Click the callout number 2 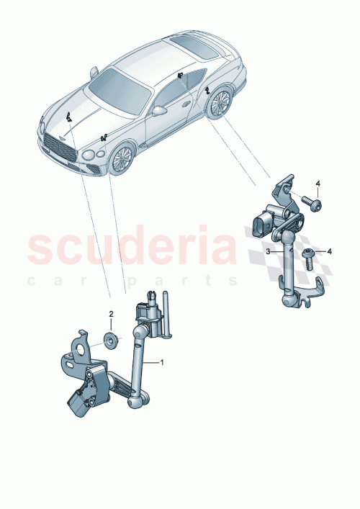[x=111, y=315]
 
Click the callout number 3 [x=267, y=251]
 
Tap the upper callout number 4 [x=320, y=185]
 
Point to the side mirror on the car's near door [x=159, y=112]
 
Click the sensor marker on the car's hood [x=70, y=117]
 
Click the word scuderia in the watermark [x=132, y=247]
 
